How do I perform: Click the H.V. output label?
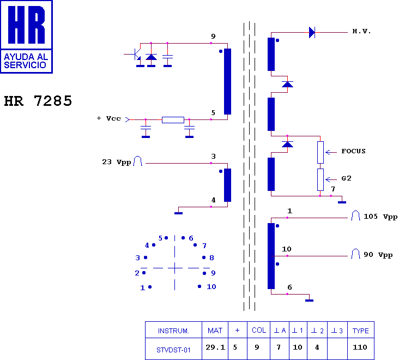point(361,32)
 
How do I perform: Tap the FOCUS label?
point(353,151)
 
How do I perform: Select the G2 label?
point(346,178)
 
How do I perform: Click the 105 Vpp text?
point(380,217)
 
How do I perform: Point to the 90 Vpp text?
point(378,255)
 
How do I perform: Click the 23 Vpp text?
point(117,162)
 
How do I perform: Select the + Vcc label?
point(108,118)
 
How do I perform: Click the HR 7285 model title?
point(38,101)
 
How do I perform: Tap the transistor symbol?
point(136,54)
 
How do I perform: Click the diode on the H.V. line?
point(312,33)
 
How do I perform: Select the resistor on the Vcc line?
point(173,120)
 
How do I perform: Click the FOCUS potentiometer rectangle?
point(321,152)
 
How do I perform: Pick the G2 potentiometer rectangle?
point(321,179)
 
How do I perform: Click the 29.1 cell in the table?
point(215,347)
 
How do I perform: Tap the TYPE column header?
point(361,331)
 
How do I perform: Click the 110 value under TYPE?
point(360,347)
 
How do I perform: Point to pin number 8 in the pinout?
point(211,257)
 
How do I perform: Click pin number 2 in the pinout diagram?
point(137,273)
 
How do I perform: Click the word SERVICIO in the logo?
point(25,65)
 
